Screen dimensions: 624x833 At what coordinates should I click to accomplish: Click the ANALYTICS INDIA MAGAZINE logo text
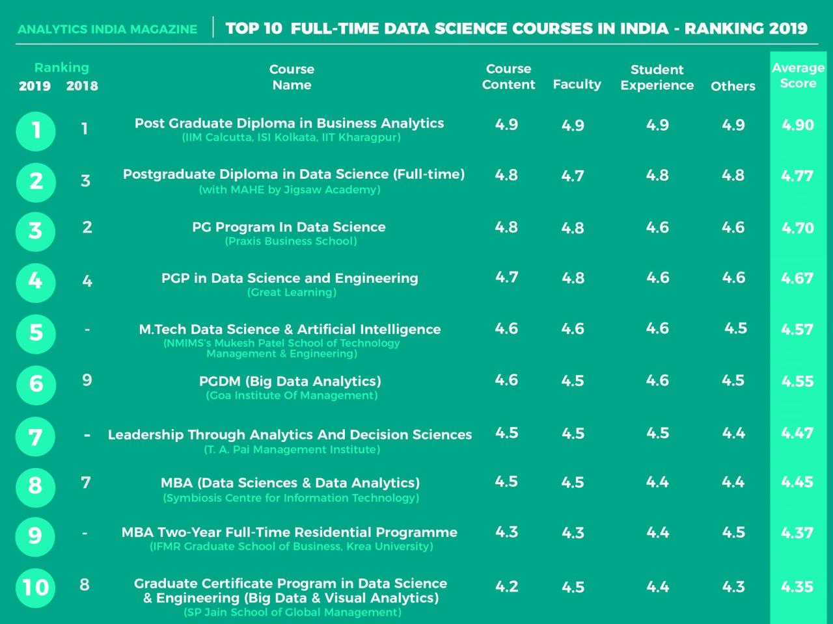[107, 29]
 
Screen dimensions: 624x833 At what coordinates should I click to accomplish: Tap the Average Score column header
[798, 75]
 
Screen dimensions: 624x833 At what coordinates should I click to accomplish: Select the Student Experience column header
[657, 77]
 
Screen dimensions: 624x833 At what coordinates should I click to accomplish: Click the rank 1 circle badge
[36, 131]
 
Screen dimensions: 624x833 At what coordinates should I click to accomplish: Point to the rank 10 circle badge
[36, 588]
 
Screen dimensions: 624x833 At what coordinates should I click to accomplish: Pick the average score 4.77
[797, 175]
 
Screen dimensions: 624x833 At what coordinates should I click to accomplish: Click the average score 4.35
[797, 586]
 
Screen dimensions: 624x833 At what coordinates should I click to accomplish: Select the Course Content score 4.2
[506, 586]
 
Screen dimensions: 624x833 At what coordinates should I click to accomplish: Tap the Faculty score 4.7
[573, 176]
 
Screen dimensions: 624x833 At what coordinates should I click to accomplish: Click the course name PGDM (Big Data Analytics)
[290, 381]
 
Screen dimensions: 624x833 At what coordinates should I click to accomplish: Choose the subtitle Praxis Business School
[291, 241]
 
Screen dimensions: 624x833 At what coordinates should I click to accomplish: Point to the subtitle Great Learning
[292, 292]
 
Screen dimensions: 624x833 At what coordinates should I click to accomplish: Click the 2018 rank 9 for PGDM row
[87, 380]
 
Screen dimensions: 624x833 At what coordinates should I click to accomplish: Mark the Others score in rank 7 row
[733, 434]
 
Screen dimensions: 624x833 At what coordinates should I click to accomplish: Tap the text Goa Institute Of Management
[292, 395]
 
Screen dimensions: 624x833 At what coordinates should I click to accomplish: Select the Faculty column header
[577, 84]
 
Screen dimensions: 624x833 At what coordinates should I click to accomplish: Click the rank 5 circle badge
[36, 333]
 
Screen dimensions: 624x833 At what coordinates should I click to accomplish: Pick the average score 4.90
[797, 125]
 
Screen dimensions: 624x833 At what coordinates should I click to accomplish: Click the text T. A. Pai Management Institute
[292, 449]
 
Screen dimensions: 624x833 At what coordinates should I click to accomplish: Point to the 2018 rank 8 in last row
[85, 584]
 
